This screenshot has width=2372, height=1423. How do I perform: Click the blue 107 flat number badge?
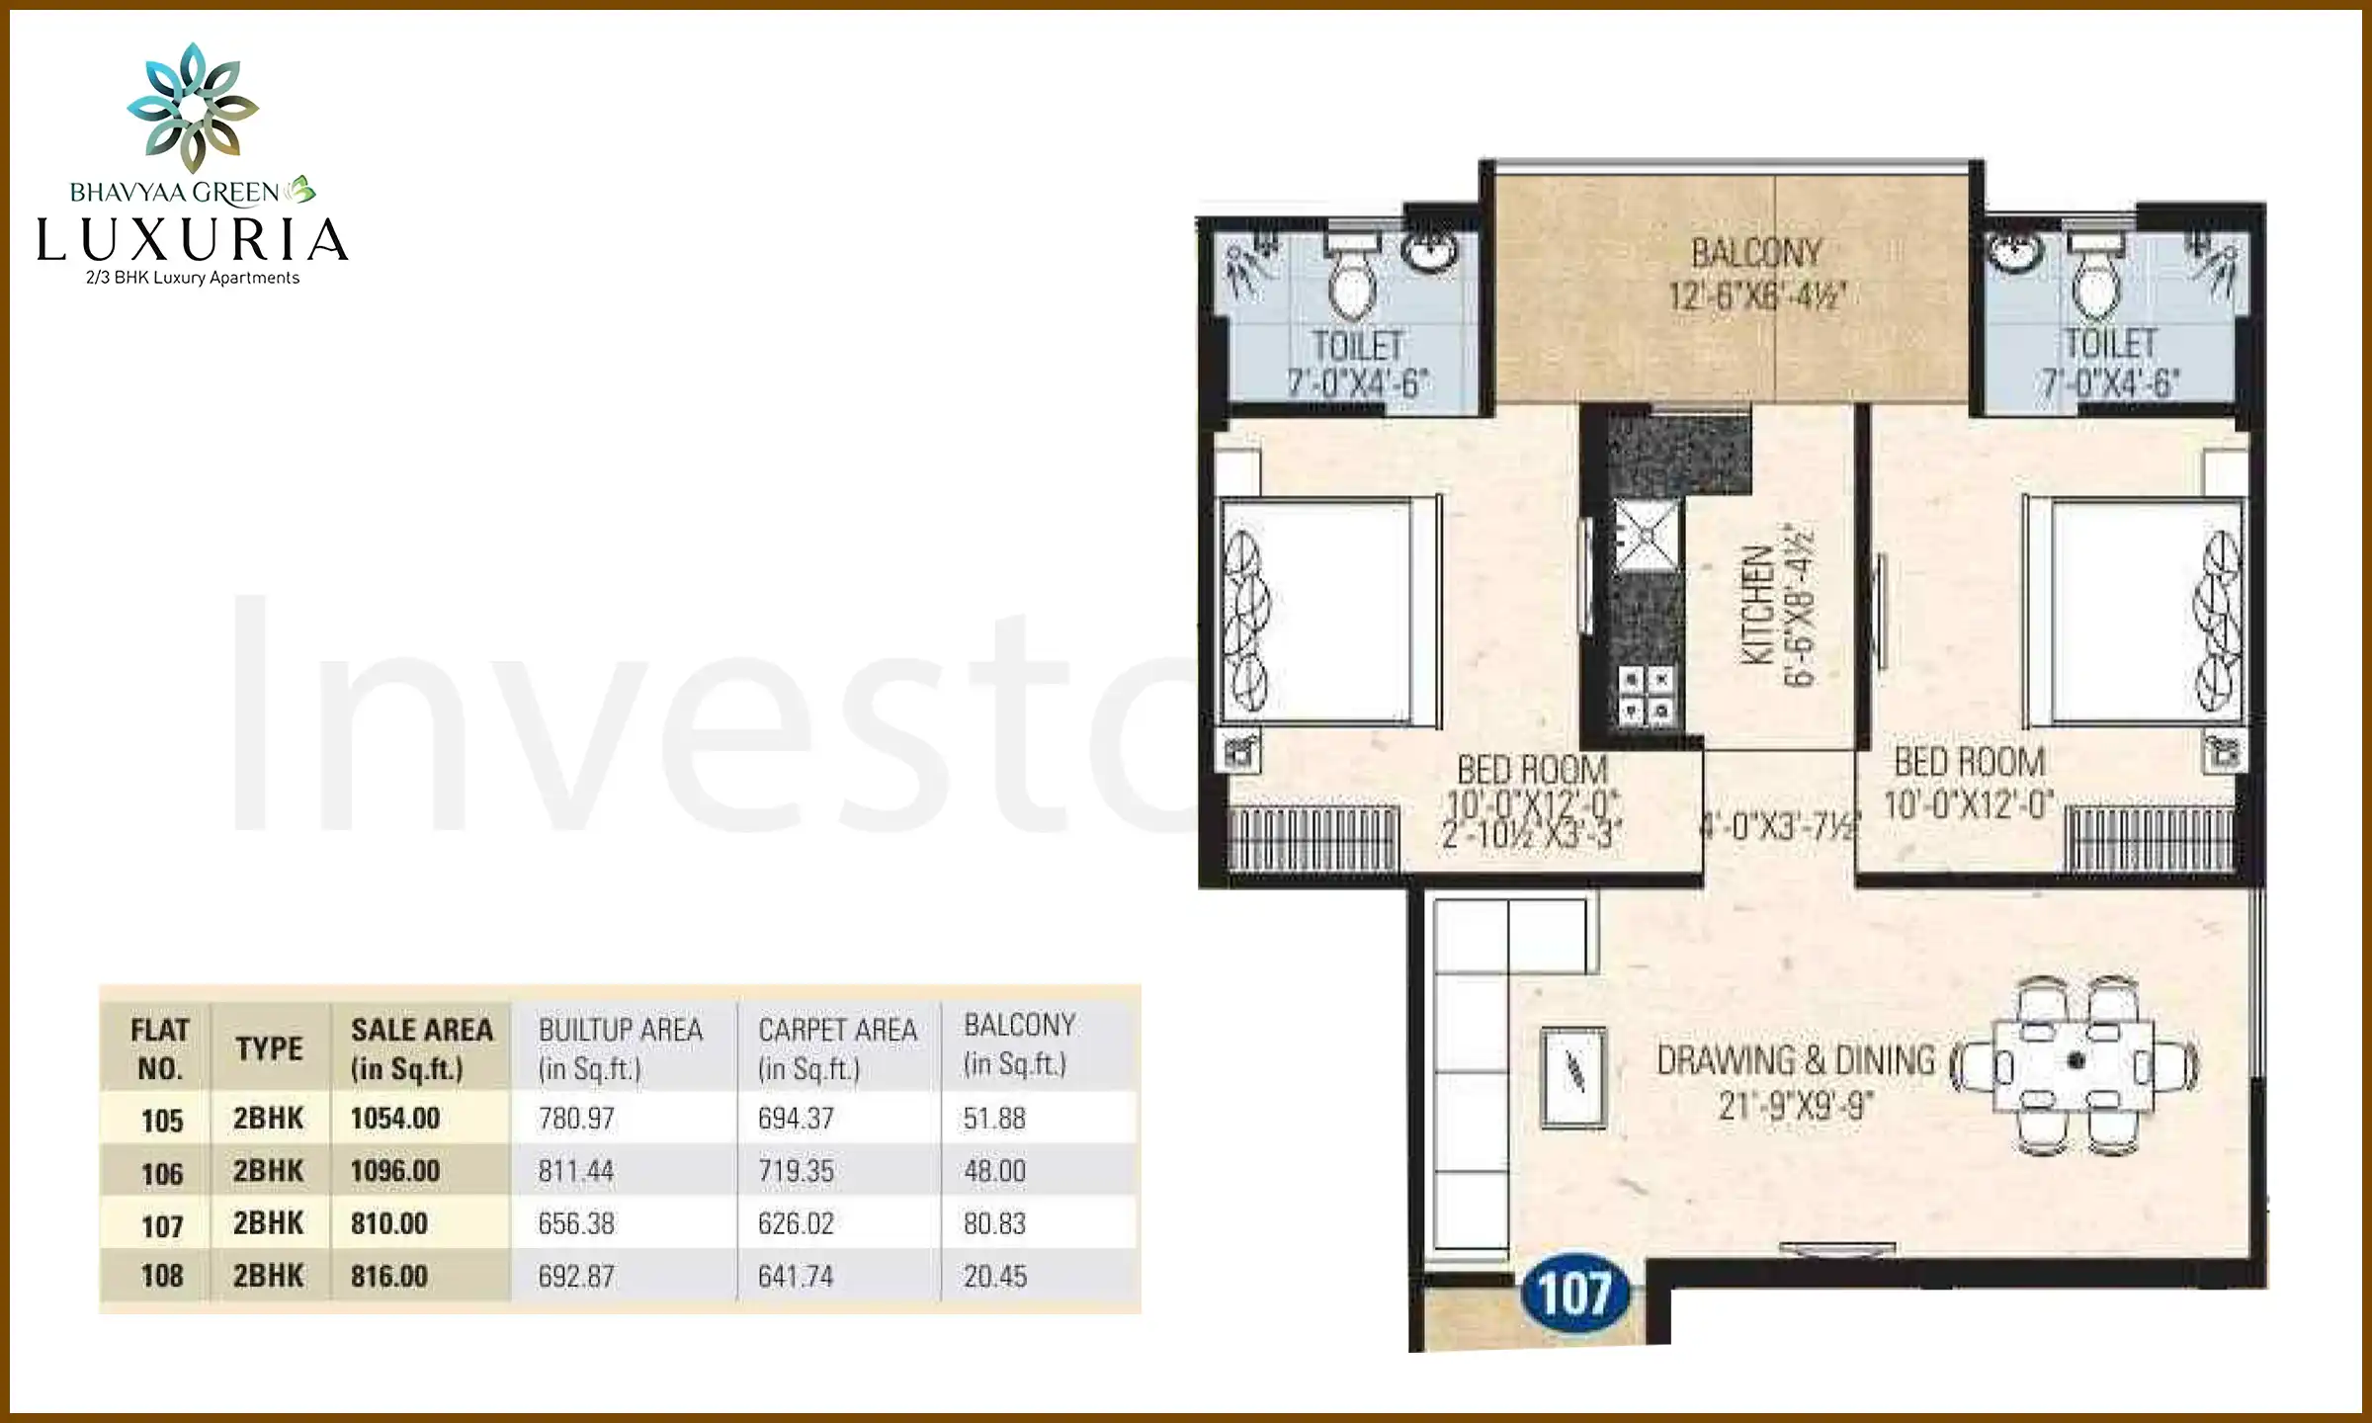click(1574, 1293)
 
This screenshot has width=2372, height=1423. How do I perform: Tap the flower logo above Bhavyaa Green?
click(193, 107)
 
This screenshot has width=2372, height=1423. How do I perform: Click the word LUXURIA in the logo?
click(193, 240)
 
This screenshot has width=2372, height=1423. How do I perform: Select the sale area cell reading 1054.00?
click(395, 1119)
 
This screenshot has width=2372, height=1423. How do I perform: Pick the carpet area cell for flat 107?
click(796, 1223)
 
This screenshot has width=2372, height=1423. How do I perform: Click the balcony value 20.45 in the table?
click(995, 1277)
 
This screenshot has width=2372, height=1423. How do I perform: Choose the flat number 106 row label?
click(162, 1173)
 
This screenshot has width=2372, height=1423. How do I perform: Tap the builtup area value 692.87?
click(576, 1277)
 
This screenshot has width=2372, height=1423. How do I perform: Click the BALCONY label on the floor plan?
click(1756, 254)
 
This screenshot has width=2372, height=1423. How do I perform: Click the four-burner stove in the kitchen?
click(1647, 695)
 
